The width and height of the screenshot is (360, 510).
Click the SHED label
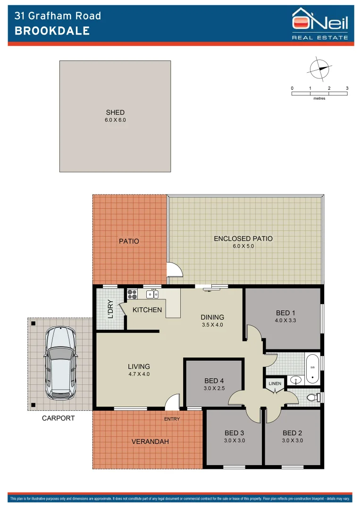tap(115, 112)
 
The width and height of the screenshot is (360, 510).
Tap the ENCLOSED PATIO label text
tap(243, 238)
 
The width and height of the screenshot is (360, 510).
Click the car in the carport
tap(60, 363)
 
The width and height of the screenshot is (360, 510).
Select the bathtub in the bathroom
tap(312, 368)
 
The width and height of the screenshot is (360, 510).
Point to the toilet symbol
tap(312, 397)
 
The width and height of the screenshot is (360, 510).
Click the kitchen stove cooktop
tap(132, 294)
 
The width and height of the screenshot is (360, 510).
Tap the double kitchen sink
tap(152, 294)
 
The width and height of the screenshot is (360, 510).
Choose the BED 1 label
tap(286, 313)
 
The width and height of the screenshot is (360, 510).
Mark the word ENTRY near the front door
tap(171, 419)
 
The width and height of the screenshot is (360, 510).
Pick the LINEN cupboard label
tap(275, 383)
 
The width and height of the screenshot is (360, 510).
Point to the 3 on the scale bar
tap(347, 88)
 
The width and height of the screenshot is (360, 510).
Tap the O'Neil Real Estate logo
tap(320, 23)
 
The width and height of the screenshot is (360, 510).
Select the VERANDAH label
tap(150, 441)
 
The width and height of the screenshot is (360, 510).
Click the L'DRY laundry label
tap(110, 309)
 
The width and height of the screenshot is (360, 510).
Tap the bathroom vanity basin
tap(295, 380)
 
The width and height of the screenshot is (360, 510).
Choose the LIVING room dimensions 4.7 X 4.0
tap(139, 374)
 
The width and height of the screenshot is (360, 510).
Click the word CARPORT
tap(59, 418)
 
